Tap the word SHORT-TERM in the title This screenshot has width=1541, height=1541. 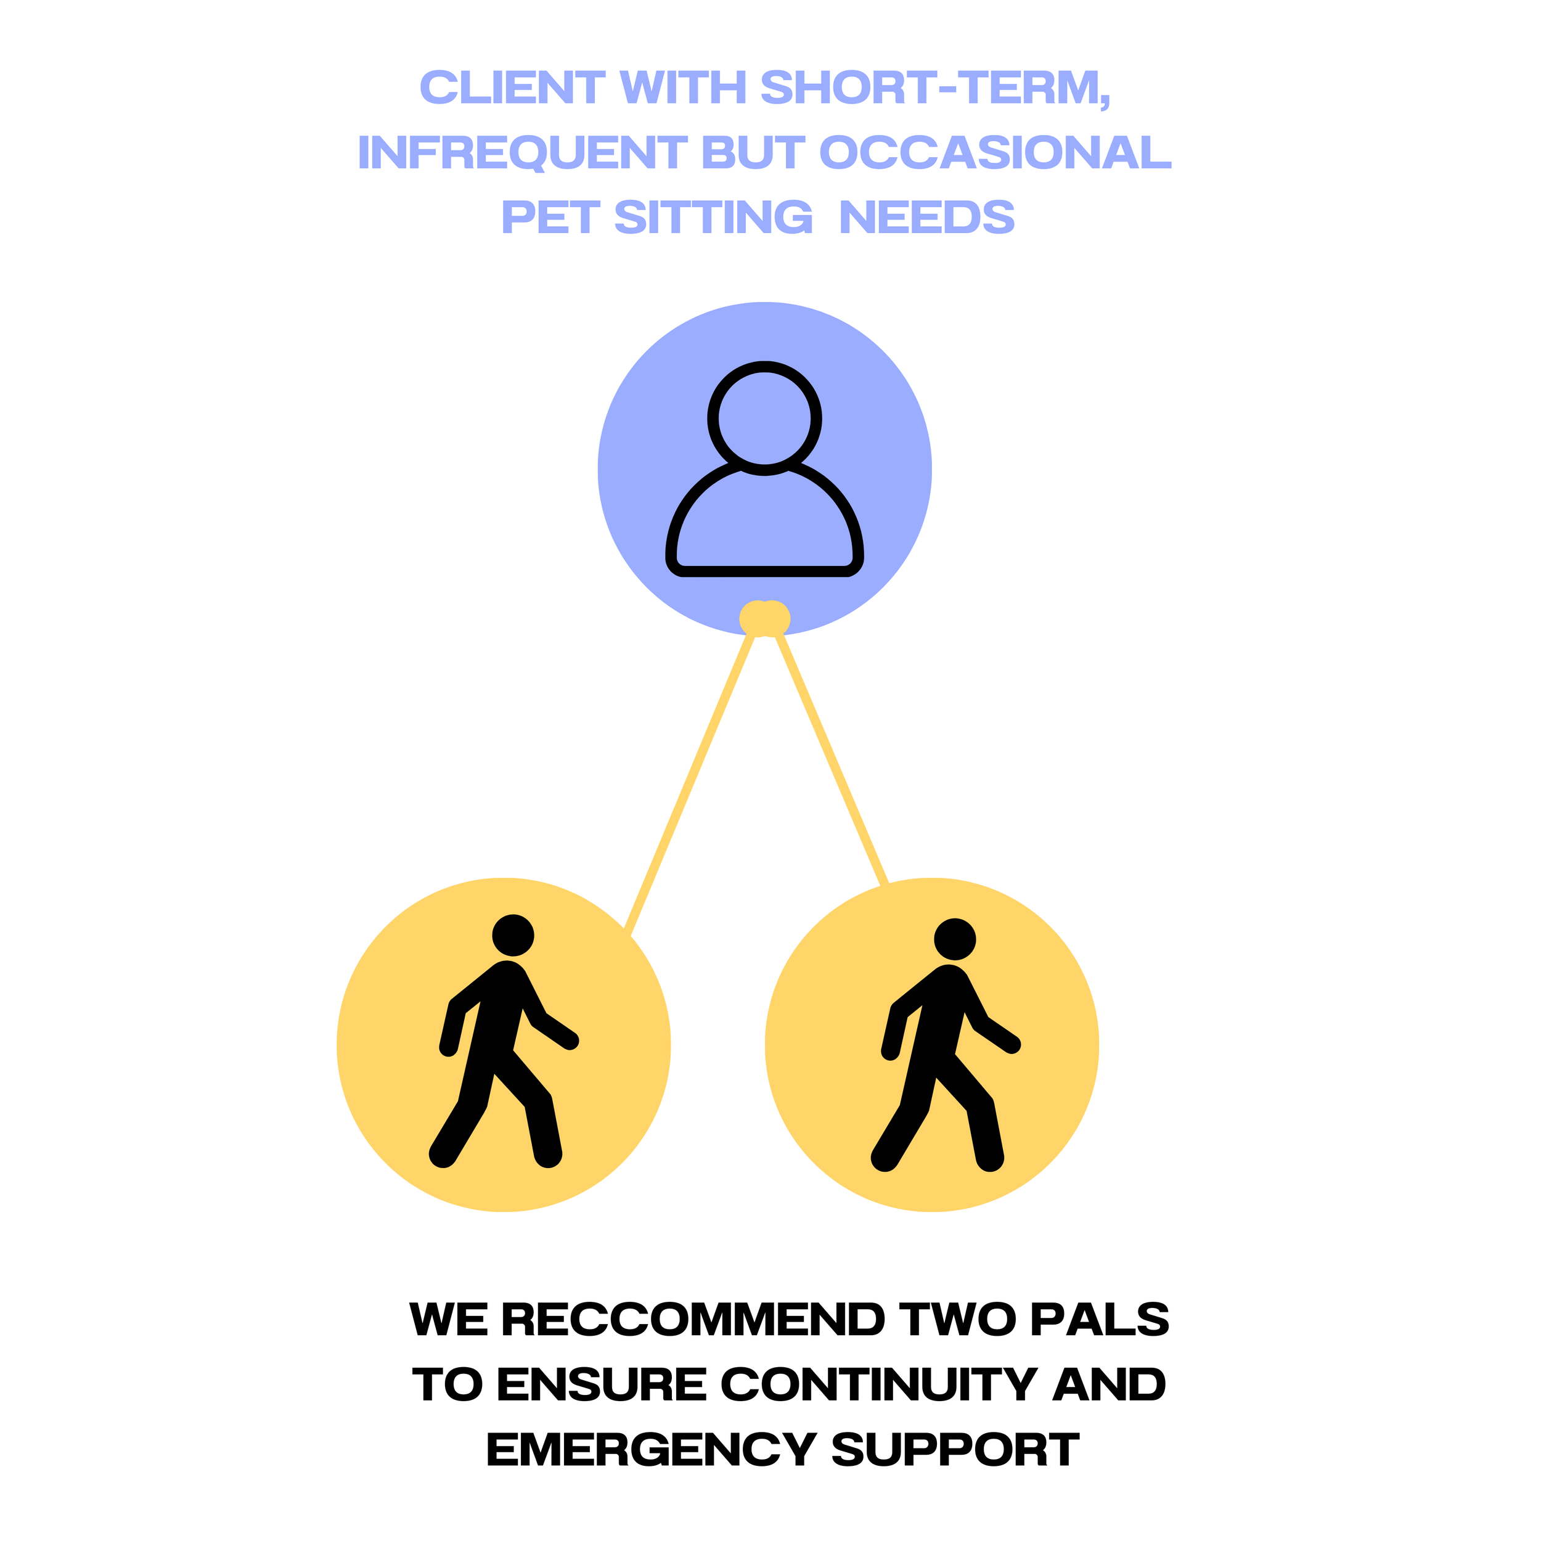click(935, 88)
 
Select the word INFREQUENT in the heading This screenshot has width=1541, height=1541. click(523, 152)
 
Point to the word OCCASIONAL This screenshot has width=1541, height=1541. click(995, 152)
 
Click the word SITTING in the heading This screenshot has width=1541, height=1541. click(714, 217)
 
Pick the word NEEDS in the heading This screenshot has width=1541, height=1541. click(927, 217)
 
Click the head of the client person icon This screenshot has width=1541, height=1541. click(764, 418)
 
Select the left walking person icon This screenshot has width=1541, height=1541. click(504, 1045)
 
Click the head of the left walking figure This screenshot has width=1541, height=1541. click(513, 935)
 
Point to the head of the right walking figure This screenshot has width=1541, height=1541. click(955, 939)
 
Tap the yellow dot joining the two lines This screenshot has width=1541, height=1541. click(764, 618)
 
